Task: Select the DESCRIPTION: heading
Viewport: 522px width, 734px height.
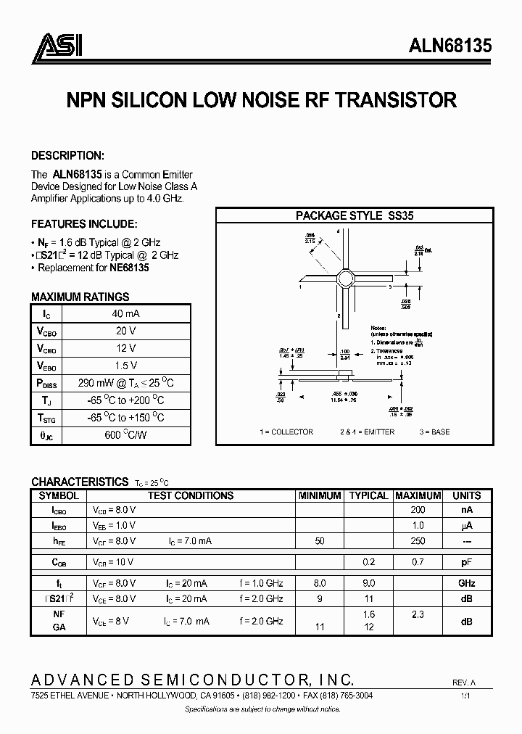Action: (68, 156)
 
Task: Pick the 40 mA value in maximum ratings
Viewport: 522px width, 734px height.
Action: (126, 313)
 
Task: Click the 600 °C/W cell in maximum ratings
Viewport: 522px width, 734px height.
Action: (126, 435)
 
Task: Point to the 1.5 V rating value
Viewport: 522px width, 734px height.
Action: (126, 366)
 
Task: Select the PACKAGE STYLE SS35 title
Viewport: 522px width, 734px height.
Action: (355, 215)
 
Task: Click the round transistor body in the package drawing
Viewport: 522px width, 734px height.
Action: (344, 278)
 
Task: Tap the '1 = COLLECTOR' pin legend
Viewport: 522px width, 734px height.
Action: (286, 432)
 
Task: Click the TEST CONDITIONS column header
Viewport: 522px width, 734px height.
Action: (191, 495)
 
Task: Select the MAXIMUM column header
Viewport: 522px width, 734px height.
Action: (417, 495)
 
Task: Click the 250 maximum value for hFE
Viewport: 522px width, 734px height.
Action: (417, 542)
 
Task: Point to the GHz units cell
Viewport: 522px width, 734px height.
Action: (466, 583)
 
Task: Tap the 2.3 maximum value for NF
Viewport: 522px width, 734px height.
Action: (417, 615)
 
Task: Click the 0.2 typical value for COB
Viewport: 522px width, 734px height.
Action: (368, 562)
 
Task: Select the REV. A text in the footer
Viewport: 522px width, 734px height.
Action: (464, 683)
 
